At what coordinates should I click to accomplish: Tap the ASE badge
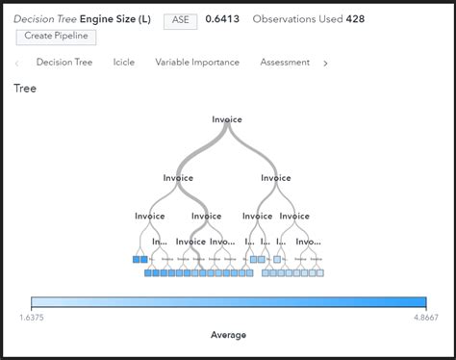click(x=178, y=18)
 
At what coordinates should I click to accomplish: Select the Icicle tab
click(x=123, y=63)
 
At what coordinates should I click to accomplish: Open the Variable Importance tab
click(x=197, y=63)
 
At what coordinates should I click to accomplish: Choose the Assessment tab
click(x=285, y=63)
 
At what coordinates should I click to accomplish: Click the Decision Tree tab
click(x=64, y=63)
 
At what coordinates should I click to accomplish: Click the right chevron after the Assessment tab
click(x=325, y=64)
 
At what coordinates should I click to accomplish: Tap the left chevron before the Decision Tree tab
click(x=17, y=64)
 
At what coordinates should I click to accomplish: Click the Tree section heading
click(x=25, y=89)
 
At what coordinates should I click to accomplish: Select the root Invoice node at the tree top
click(x=227, y=120)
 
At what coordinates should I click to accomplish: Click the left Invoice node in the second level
click(x=178, y=178)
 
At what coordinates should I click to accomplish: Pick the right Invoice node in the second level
click(x=275, y=178)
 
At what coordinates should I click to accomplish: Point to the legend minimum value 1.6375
click(x=35, y=316)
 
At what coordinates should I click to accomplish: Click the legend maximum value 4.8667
click(x=420, y=316)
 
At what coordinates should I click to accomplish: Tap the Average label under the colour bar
click(x=228, y=335)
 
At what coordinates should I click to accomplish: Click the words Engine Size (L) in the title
click(x=114, y=18)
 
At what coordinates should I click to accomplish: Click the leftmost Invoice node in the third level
click(x=149, y=217)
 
